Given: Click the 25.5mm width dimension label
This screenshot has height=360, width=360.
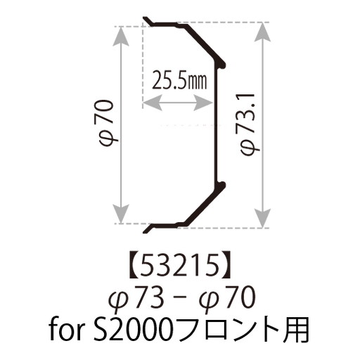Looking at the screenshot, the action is tap(179, 81).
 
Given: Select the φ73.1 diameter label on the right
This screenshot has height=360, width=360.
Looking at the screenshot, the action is tap(250, 124).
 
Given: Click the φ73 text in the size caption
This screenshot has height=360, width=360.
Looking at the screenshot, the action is tap(136, 298).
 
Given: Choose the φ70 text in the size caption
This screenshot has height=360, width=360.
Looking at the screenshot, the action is tap(226, 298).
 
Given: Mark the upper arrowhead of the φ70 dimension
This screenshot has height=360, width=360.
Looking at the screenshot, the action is tap(121, 37).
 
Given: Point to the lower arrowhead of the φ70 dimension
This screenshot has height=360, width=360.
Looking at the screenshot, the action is tap(121, 214).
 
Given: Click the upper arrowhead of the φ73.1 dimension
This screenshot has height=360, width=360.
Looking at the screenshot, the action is tap(262, 32).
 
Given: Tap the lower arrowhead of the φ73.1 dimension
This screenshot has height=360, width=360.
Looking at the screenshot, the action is tap(262, 218).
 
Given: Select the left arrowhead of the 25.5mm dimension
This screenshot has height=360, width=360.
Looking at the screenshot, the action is tap(153, 103).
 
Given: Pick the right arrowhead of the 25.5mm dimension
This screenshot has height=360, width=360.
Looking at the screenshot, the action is tap(203, 103).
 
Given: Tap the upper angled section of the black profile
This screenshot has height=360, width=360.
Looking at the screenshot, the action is tap(205, 43).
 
